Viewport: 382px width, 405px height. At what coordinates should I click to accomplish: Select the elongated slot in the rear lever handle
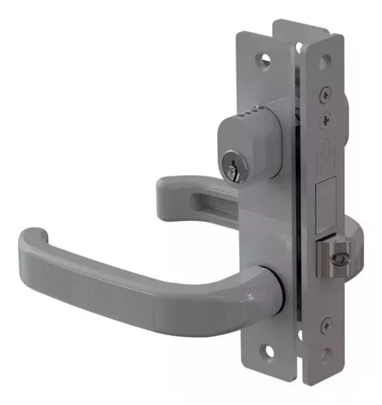pyautogui.click(x=198, y=194)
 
